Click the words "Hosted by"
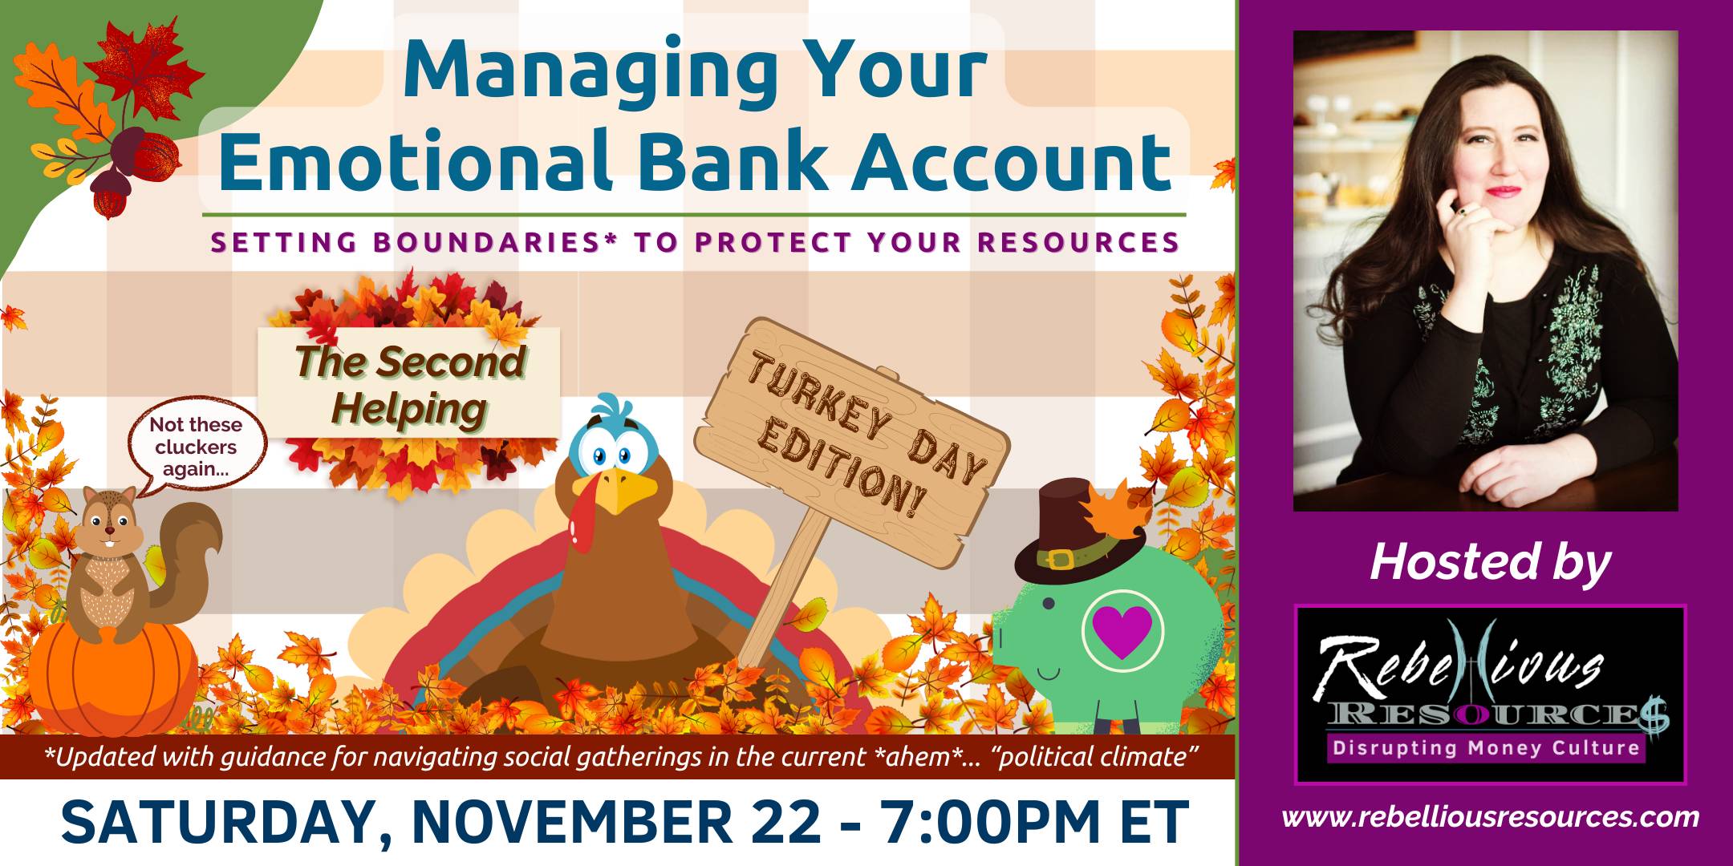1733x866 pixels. coord(1490,562)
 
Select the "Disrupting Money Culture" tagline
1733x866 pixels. coord(1486,748)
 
